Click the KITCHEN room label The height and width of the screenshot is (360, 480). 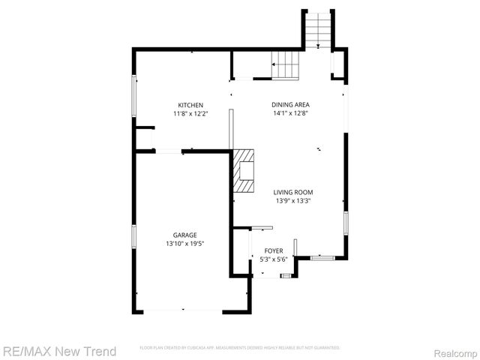[190, 104]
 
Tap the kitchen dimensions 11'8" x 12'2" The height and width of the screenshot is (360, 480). [190, 113]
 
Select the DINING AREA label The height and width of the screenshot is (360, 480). [290, 104]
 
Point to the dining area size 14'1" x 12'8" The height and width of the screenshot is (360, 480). [290, 113]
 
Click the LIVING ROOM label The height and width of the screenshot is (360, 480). [292, 192]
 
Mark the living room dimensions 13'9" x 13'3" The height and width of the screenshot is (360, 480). [292, 201]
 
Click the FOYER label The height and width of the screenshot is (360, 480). [274, 251]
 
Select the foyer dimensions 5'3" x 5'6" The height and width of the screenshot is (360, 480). [274, 259]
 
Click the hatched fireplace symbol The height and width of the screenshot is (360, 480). [244, 172]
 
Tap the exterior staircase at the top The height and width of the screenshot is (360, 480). [318, 30]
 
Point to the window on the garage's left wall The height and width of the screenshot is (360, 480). [134, 237]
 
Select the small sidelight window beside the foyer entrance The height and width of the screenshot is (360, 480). [286, 276]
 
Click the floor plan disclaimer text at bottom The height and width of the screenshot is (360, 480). [240, 348]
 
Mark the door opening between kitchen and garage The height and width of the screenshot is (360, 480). [168, 151]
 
